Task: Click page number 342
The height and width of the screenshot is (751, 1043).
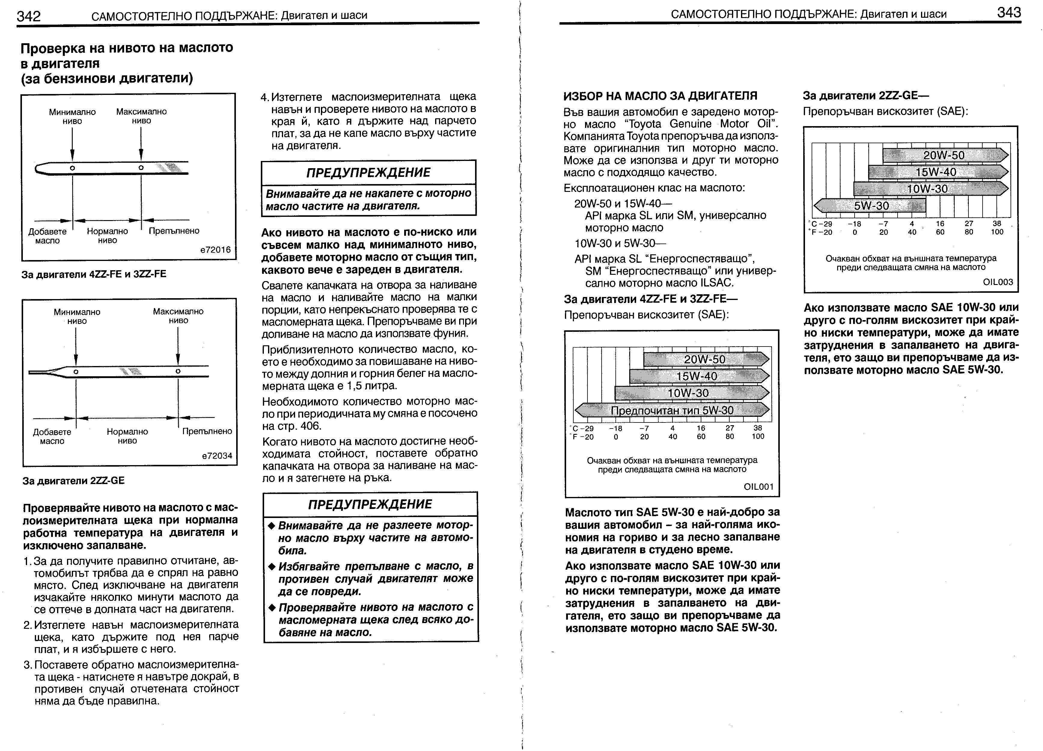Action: click(x=29, y=16)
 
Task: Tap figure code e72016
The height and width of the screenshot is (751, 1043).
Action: click(x=215, y=250)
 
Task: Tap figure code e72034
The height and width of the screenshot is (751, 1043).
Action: click(x=217, y=456)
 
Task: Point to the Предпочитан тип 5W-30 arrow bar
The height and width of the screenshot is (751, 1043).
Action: click(x=672, y=410)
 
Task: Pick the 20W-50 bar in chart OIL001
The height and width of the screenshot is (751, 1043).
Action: click(x=706, y=359)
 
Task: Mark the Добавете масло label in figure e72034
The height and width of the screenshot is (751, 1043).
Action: click(x=52, y=436)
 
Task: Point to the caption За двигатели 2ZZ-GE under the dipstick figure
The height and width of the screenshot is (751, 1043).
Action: click(x=74, y=480)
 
